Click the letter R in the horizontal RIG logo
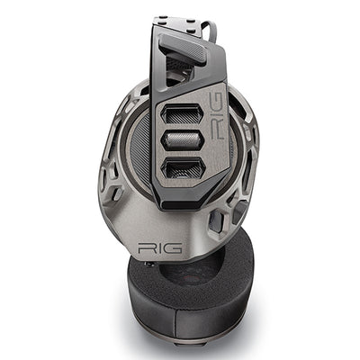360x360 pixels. pos(145,248)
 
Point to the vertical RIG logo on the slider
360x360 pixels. pos(217,116)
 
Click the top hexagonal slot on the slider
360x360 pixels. pos(183,114)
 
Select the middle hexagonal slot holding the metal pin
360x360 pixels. pos(183,141)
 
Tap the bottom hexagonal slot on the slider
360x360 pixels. pos(183,169)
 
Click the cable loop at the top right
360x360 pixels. pos(211,30)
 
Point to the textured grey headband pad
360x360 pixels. pos(183,48)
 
